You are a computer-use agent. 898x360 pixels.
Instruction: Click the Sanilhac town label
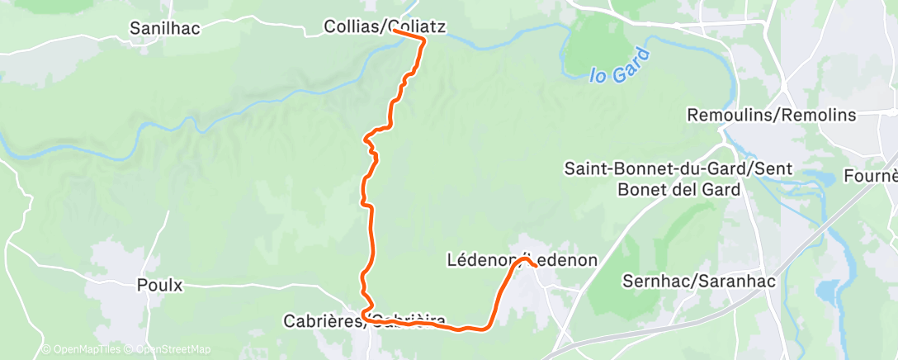[165, 28]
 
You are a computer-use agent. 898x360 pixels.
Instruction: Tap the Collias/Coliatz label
[385, 27]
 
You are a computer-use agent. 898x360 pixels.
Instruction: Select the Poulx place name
[159, 286]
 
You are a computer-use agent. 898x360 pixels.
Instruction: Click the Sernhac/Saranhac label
[698, 282]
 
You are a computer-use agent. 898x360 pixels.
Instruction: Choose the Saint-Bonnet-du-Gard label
[678, 169]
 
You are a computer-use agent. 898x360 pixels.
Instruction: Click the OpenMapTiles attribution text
[80, 349]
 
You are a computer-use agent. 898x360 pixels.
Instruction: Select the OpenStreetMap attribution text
[168, 349]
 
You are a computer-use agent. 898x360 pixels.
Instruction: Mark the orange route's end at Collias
[395, 31]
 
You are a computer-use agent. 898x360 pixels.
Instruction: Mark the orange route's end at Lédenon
[536, 265]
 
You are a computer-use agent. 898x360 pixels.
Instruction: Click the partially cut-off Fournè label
[871, 176]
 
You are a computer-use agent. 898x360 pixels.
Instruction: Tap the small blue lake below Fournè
[825, 291]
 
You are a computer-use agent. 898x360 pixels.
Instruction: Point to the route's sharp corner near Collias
[423, 39]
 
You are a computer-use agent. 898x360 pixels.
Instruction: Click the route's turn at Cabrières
[363, 312]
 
